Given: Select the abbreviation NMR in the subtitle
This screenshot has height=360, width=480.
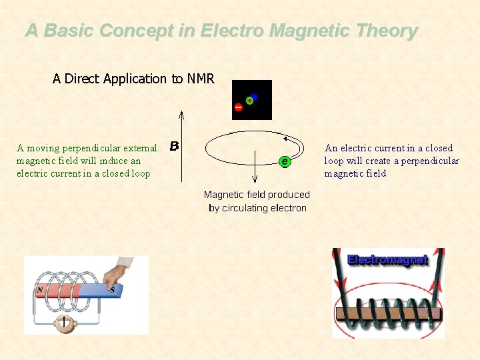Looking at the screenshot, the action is [201, 79].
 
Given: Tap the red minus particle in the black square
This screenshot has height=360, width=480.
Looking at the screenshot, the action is [238, 107].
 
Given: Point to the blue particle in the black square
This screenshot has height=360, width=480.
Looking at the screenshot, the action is [254, 97].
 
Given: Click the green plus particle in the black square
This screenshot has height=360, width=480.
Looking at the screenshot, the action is [249, 101].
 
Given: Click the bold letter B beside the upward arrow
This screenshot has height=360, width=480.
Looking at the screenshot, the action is [174, 145].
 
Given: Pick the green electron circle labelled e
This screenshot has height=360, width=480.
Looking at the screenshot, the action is [285, 161].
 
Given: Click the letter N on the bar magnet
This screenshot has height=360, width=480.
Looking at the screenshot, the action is [40, 291].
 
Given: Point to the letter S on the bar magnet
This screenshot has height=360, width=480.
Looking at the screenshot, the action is [112, 290].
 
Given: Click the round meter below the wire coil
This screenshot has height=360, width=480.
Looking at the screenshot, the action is [65, 323].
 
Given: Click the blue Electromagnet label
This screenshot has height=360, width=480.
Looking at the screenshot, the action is [387, 259].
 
